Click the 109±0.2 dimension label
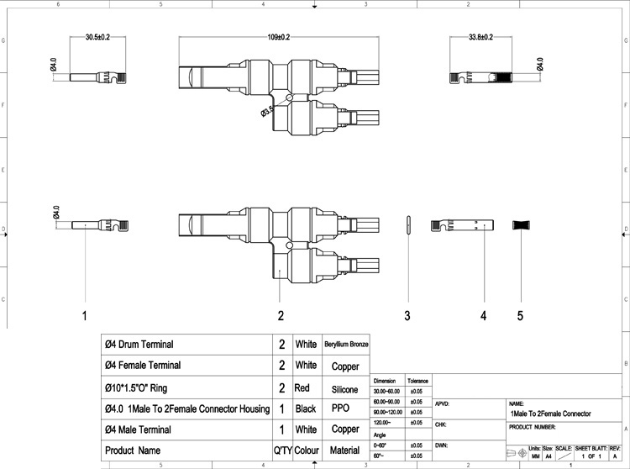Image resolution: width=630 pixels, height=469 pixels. tap(273, 37)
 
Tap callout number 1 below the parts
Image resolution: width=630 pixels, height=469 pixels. tap(84, 315)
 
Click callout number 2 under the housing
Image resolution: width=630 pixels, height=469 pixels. tap(281, 315)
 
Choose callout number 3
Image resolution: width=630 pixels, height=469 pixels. tap(407, 315)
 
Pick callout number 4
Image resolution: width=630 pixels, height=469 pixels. tap(484, 315)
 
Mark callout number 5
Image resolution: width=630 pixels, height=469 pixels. tap(520, 315)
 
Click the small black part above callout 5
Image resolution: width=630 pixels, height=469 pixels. tap(521, 225)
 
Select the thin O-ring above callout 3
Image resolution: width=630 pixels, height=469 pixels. tap(407, 225)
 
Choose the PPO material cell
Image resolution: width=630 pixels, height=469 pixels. tap(340, 409)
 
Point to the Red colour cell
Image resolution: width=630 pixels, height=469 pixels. tap(303, 388)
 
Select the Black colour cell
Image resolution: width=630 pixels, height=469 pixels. tap(305, 409)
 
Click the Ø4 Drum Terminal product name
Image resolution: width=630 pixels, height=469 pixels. tap(139, 345)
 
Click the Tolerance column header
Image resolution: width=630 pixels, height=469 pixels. tap(418, 381)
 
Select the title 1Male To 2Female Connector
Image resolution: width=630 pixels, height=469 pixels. tap(549, 414)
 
